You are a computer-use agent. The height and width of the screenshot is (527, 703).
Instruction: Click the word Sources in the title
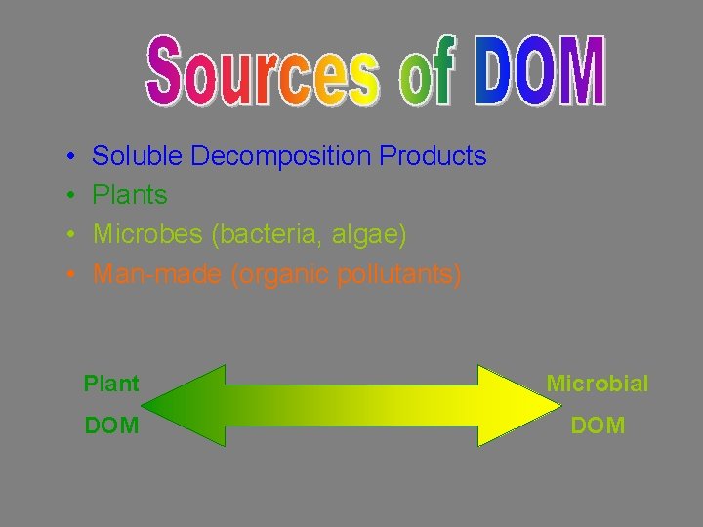tap(264, 72)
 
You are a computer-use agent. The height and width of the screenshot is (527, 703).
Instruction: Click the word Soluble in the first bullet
tap(138, 156)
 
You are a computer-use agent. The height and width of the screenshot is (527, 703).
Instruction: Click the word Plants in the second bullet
tap(130, 195)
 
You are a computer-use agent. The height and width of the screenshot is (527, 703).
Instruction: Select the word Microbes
tap(145, 235)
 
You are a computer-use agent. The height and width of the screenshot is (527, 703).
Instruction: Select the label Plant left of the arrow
tap(111, 384)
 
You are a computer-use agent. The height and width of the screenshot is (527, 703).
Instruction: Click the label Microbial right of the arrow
tap(597, 384)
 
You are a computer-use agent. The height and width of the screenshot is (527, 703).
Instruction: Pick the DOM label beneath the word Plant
tap(111, 426)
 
